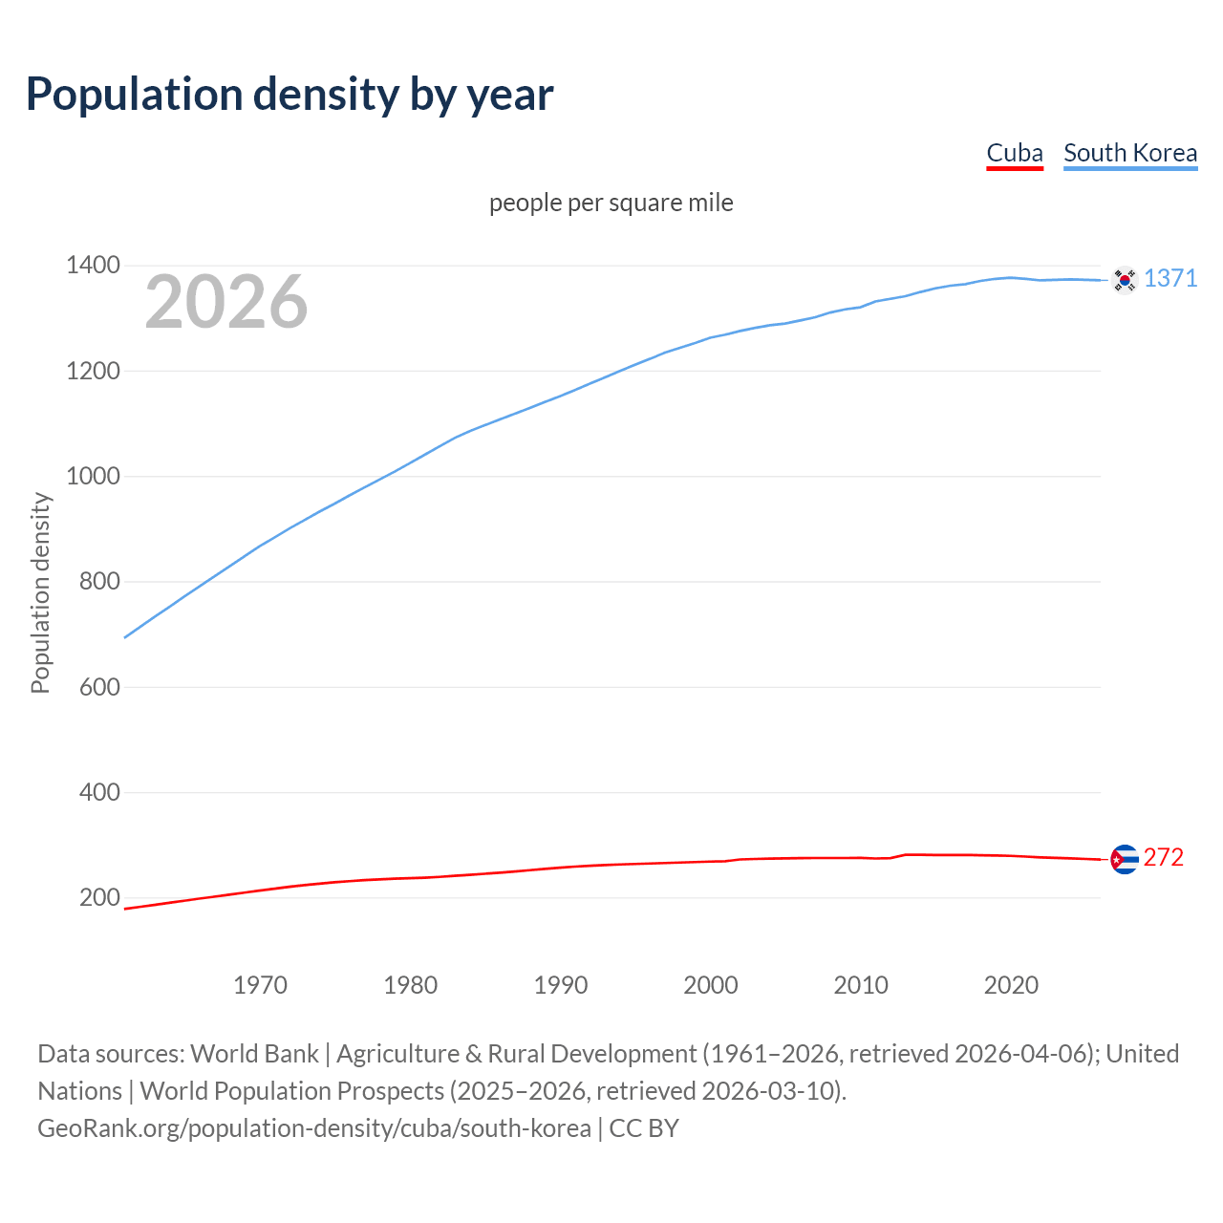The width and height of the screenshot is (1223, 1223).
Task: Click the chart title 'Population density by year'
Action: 290,95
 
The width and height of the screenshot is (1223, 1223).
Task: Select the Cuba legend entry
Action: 1014,153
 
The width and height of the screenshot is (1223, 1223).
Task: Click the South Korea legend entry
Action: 1129,153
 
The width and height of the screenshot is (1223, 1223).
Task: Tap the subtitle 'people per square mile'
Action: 611,203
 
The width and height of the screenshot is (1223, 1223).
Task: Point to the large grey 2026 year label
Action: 226,302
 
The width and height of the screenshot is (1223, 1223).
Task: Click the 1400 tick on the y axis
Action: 93,265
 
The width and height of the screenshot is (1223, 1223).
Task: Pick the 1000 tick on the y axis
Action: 93,476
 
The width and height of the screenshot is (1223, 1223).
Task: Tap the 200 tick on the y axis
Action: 98,897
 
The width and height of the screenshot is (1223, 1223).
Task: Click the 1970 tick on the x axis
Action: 260,985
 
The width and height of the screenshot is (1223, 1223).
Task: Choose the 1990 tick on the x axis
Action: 560,985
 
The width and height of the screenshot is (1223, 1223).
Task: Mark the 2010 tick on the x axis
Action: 861,985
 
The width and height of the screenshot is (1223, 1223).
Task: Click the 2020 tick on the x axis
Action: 1011,985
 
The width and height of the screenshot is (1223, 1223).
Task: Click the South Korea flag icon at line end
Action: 1125,280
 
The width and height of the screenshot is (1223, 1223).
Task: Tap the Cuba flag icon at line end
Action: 1125,860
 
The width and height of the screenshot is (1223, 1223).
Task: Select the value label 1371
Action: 1169,278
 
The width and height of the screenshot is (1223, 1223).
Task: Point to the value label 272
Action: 1163,857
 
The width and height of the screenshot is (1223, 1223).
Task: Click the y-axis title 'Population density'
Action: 40,592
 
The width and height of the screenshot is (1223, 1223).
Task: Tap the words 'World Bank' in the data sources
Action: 254,1054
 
